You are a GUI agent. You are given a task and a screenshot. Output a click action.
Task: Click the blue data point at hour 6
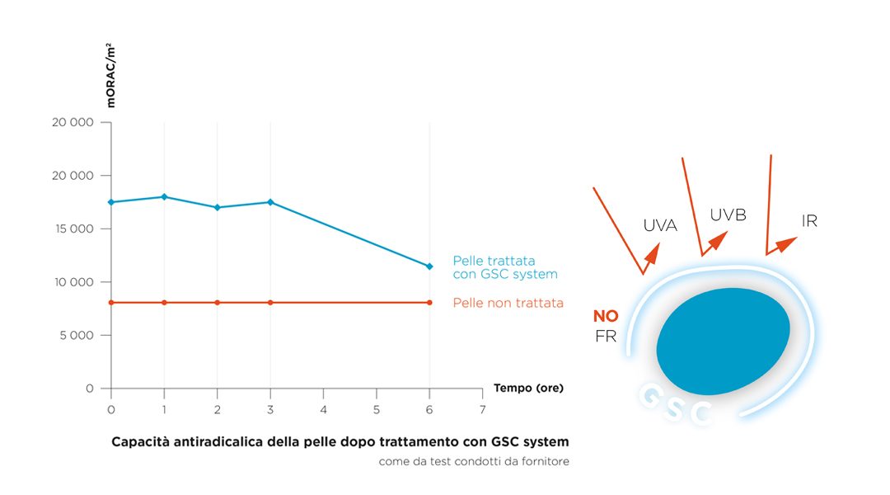point(429,266)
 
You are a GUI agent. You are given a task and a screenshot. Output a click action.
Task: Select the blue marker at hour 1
point(164,196)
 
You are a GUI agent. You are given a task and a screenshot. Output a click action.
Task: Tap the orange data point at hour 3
point(270,303)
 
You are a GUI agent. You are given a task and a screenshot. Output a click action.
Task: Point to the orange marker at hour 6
point(429,303)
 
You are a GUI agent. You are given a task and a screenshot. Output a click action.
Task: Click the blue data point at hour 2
point(218,207)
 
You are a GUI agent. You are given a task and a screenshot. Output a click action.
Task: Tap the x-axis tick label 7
point(482,409)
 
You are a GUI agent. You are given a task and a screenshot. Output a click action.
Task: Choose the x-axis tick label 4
point(323,409)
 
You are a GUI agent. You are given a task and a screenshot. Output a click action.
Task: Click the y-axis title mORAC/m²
point(110,77)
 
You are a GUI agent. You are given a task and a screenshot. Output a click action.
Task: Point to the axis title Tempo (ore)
point(528,388)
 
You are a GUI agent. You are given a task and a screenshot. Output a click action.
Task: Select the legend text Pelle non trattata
point(508,303)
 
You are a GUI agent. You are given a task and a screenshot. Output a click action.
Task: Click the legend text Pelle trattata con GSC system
point(505,267)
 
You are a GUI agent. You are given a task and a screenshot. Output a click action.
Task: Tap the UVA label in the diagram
point(660,225)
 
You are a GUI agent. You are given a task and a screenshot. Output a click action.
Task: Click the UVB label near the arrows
point(728,215)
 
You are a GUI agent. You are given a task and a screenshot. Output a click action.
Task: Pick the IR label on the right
point(809,221)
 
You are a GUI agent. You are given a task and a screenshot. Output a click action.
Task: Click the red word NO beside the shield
point(606,317)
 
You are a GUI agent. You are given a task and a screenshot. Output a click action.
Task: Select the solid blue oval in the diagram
point(723,341)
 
